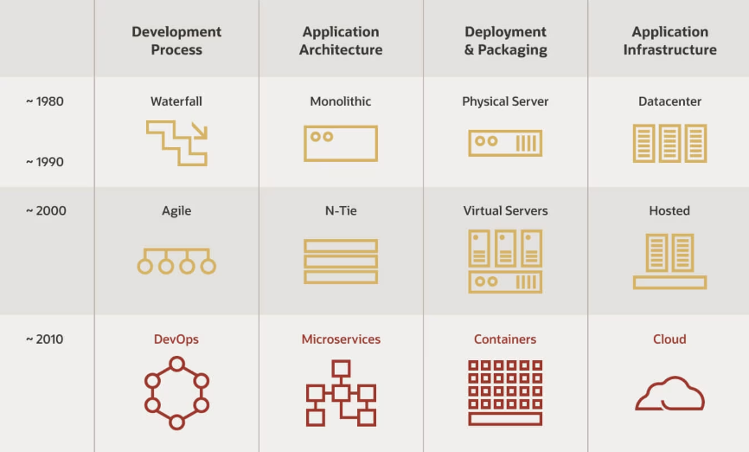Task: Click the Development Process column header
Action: pos(176,41)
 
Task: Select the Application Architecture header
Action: pos(341,41)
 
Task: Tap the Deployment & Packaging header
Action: pos(505,41)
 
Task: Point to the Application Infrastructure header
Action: pos(669,41)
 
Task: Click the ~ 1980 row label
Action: pos(44,101)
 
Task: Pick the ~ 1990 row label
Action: pos(44,162)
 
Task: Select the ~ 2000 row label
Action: pos(44,210)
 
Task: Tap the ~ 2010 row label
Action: pos(44,339)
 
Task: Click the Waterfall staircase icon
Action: pos(176,142)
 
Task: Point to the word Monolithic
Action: pos(341,101)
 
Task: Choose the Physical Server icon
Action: pos(505,143)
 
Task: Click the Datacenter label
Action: pos(669,101)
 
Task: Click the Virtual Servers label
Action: pos(505,210)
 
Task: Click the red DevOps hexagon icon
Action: pos(176,392)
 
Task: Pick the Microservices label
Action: pos(341,339)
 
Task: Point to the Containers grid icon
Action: pos(505,392)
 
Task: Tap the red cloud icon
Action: pos(669,394)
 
